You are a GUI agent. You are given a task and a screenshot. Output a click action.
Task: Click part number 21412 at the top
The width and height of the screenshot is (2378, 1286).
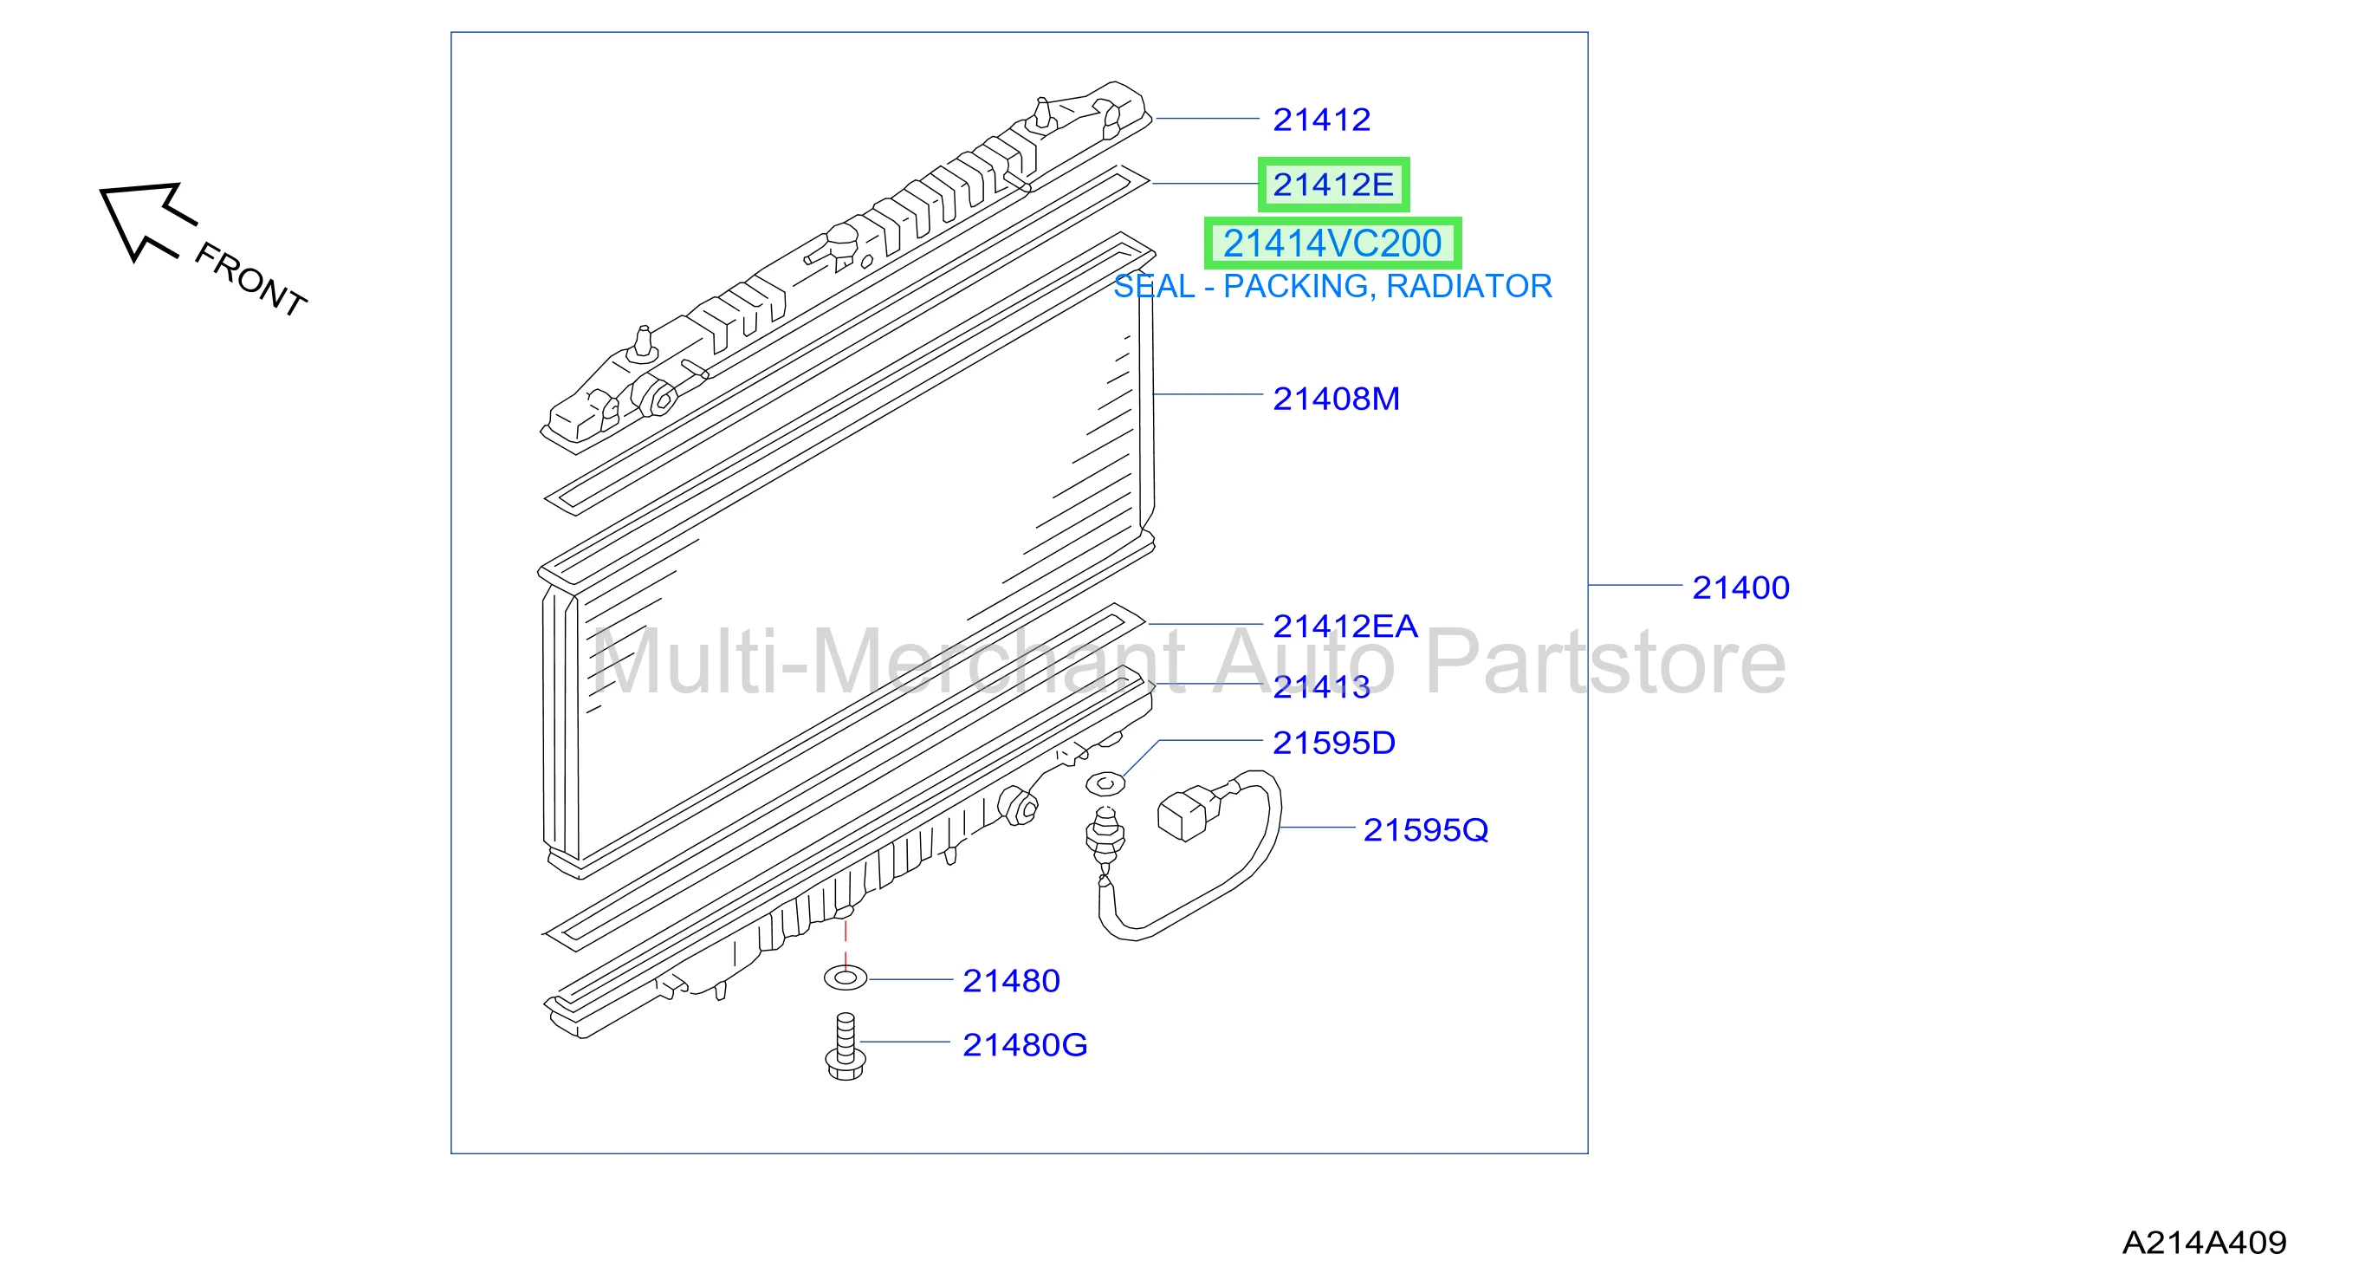pos(1321,119)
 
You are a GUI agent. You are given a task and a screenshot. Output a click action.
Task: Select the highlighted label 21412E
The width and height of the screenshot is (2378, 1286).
pos(1333,185)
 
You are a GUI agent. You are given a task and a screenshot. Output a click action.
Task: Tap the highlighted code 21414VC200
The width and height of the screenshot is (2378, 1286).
pos(1332,244)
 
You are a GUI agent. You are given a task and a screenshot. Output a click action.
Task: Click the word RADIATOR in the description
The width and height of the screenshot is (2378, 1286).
pos(1468,286)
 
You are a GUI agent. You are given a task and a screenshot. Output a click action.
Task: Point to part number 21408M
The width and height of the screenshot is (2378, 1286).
pos(1336,399)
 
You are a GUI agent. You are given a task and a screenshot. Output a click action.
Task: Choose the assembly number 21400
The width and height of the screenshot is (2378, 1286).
pos(1740,588)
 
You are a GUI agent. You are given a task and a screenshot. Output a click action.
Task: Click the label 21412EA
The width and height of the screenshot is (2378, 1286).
pos(1345,626)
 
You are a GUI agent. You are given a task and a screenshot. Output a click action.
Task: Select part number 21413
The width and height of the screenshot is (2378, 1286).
pos(1321,686)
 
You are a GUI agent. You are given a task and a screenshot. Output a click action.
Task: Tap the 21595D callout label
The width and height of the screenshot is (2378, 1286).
pos(1334,743)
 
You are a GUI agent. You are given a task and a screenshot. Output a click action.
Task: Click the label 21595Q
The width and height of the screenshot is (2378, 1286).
pos(1425,830)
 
